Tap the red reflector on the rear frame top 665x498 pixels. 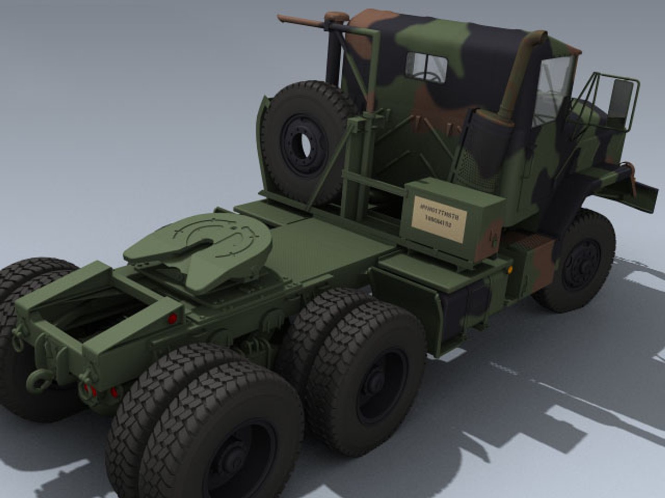coord(173,318)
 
